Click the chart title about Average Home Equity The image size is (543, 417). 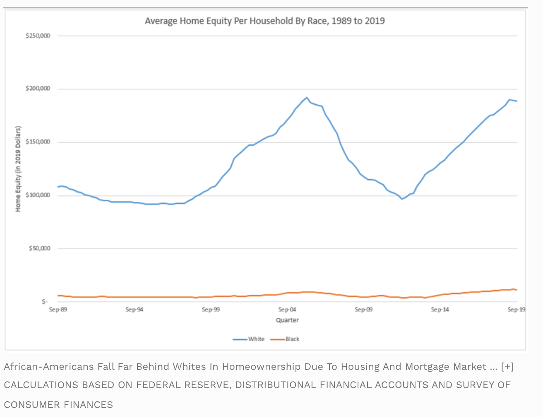264,21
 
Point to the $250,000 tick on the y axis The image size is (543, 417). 38,36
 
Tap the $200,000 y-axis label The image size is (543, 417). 38,89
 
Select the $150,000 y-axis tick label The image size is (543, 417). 38,142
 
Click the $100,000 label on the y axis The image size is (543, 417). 38,195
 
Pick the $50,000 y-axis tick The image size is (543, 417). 39,248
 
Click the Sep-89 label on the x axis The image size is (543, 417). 58,309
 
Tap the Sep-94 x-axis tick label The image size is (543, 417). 135,309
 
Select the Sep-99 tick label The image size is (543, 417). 211,309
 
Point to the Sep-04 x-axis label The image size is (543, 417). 287,309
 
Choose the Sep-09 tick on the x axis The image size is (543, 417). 363,309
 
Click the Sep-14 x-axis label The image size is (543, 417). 440,309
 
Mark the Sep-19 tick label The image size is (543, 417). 516,309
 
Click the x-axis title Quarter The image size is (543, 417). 287,320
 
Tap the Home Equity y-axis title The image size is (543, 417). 18,169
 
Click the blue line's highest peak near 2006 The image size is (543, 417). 307,98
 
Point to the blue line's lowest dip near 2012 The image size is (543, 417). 402,199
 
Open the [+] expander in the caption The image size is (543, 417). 507,367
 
